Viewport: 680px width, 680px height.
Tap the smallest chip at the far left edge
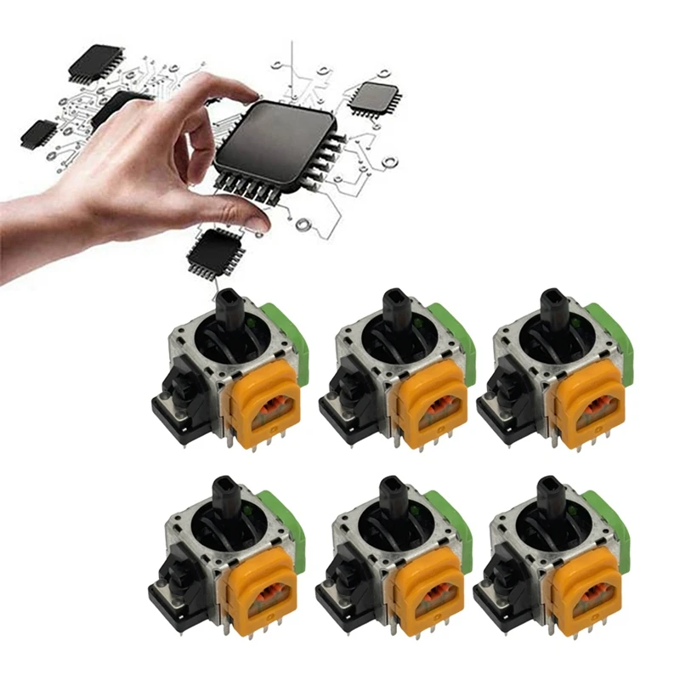pyautogui.click(x=38, y=132)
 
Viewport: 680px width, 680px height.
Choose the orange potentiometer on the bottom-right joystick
pyautogui.click(x=586, y=586)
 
